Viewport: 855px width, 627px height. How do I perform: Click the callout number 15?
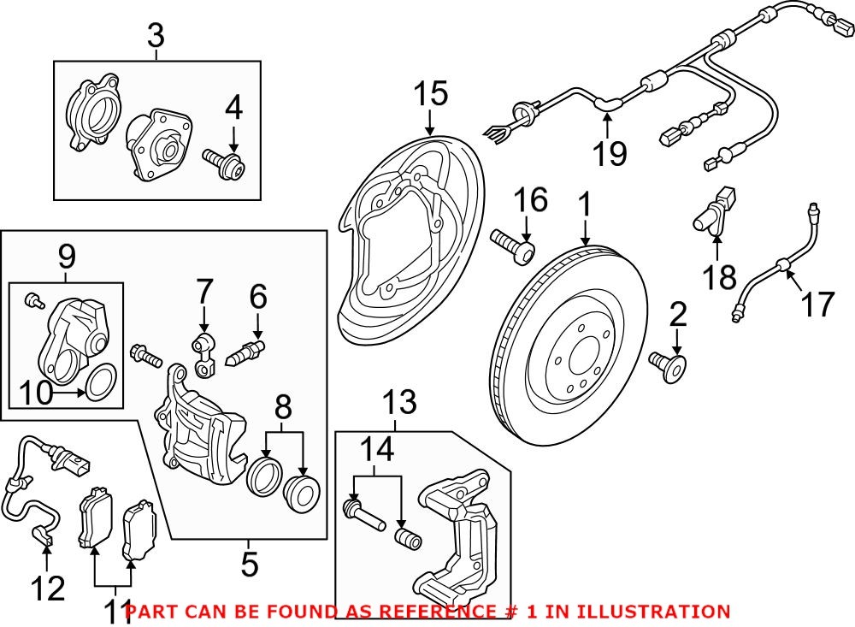432,94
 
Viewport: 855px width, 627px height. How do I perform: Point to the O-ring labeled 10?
101,382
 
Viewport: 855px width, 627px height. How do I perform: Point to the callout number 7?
203,294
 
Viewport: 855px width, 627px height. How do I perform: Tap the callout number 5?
249,564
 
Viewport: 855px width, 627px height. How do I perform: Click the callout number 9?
67,255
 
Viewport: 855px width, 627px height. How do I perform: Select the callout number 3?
156,37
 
